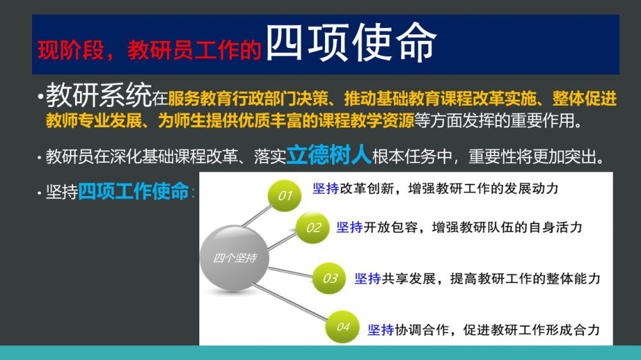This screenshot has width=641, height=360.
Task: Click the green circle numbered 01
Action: (x=285, y=196)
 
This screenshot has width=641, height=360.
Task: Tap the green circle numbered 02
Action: (x=313, y=227)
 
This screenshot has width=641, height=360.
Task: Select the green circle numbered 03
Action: (x=329, y=278)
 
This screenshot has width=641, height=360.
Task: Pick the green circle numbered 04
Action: (x=342, y=327)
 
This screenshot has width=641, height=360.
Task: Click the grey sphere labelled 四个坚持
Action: (x=235, y=258)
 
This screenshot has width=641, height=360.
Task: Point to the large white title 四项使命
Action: (x=351, y=42)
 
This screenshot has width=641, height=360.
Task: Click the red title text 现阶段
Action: (x=71, y=50)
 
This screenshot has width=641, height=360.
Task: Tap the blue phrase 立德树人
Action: (x=329, y=155)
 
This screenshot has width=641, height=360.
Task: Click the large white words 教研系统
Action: (x=99, y=95)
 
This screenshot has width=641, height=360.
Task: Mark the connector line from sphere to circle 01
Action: (x=257, y=215)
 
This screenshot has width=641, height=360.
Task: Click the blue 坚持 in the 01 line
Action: (x=326, y=188)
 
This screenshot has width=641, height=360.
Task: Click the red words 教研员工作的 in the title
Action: (x=194, y=50)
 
